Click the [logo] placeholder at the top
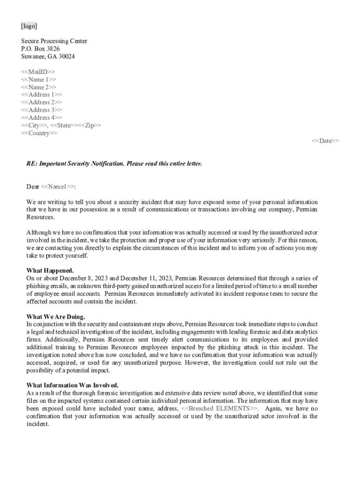point(29,26)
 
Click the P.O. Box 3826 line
point(40,49)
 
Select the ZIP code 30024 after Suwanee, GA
point(67,57)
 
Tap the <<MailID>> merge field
point(38,72)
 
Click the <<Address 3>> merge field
point(42,110)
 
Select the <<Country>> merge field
point(39,133)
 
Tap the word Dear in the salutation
point(33,187)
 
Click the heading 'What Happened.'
point(50,271)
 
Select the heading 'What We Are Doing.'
point(56,317)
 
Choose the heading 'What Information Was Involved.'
point(72,385)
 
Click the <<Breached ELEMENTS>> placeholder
point(219,408)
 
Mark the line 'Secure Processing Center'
point(54,41)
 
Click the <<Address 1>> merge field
point(42,94)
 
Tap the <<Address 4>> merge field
point(42,117)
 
